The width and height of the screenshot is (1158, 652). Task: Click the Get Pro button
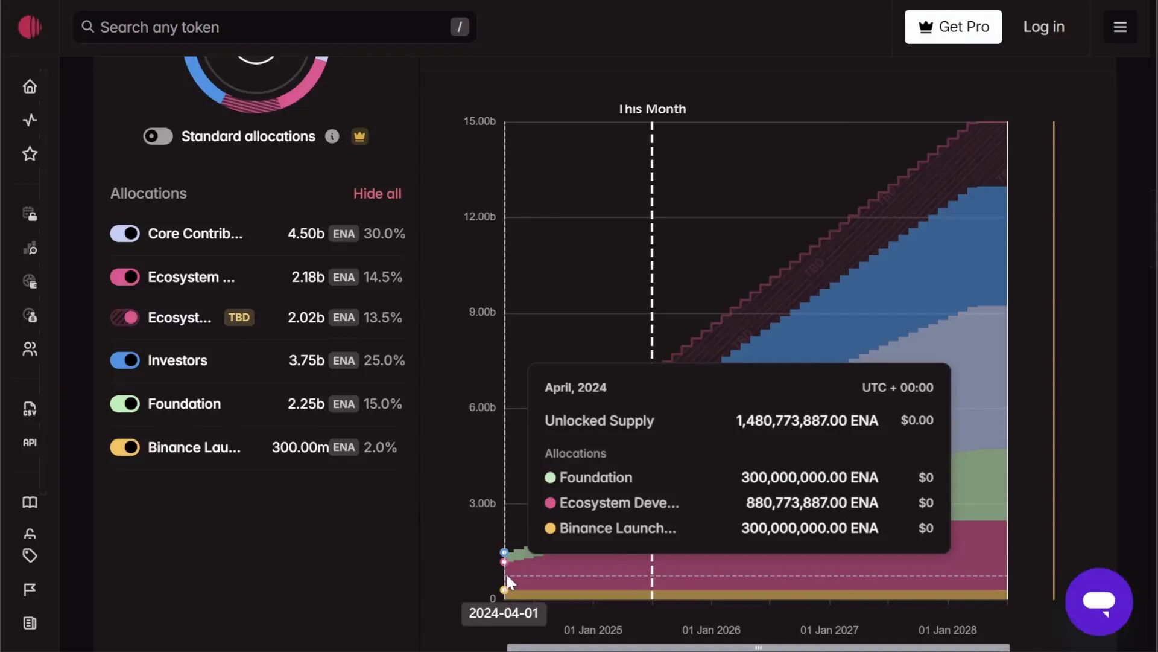(x=953, y=27)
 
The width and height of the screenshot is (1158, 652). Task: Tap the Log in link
(x=1043, y=27)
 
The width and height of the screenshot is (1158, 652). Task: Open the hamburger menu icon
(x=1120, y=27)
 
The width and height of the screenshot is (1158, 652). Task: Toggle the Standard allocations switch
(x=158, y=136)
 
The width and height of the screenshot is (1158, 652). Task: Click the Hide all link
(x=377, y=194)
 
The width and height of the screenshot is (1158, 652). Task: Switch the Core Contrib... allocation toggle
(x=125, y=234)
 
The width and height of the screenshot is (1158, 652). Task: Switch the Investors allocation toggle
(x=125, y=360)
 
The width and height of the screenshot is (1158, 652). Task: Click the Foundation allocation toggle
(x=125, y=404)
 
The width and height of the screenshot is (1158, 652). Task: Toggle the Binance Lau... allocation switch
(x=125, y=447)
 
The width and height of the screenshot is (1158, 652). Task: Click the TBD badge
(x=239, y=318)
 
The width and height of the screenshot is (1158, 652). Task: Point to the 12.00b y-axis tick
(x=479, y=217)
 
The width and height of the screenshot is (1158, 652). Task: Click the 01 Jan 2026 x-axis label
(x=711, y=630)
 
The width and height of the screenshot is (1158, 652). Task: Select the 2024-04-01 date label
(x=504, y=613)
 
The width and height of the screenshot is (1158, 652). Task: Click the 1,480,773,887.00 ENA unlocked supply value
(x=806, y=421)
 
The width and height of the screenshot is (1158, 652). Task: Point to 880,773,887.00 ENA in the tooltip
(x=812, y=503)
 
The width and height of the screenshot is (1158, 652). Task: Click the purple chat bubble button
(x=1098, y=602)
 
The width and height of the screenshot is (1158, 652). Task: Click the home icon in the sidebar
(x=30, y=86)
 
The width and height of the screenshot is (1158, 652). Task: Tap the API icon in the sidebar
(x=30, y=443)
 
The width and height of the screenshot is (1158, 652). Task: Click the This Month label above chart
(x=652, y=109)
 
